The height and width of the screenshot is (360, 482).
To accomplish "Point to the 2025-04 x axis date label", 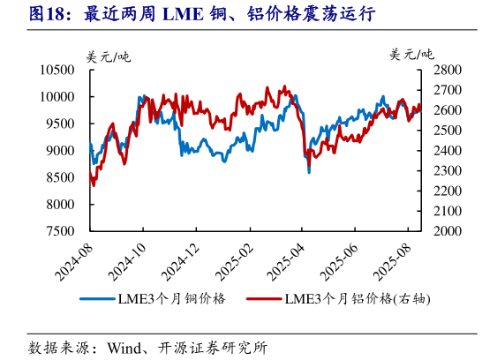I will coord(288,257).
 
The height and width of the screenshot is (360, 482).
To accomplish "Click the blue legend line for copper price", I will coord(97,299).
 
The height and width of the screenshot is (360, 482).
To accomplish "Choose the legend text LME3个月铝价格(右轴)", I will coord(357,299).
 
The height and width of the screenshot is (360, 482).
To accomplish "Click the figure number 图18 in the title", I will coord(49,15).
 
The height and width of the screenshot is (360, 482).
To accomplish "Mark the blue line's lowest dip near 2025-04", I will coord(308,172).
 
